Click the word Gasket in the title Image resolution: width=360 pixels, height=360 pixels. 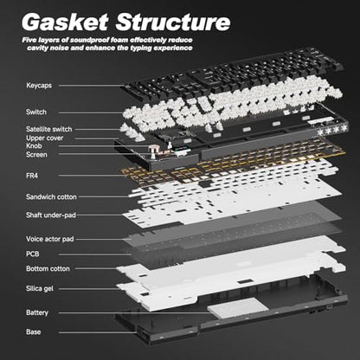[x=65, y=22]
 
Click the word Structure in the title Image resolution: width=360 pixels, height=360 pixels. [x=173, y=22]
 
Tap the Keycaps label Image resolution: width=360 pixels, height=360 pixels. [x=39, y=86]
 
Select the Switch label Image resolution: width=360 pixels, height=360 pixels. [x=36, y=112]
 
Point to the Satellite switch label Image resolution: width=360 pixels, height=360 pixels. [x=48, y=129]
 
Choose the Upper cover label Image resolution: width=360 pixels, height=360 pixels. [x=44, y=138]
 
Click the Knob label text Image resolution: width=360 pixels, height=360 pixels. [x=34, y=146]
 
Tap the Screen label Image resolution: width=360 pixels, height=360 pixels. [x=36, y=155]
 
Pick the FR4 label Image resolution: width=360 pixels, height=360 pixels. [x=32, y=176]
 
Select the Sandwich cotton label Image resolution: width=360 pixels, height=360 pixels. [x=51, y=197]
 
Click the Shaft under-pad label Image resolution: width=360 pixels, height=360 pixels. [x=51, y=215]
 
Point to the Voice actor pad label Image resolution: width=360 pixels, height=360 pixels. [x=50, y=239]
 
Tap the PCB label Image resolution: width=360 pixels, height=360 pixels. [x=32, y=254]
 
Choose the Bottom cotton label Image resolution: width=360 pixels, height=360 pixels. [x=48, y=269]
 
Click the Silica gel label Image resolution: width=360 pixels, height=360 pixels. [x=40, y=288]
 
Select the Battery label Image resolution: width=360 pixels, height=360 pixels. [x=37, y=312]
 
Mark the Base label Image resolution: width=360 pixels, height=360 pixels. [x=33, y=332]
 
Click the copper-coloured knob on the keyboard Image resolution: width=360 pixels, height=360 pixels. [x=152, y=150]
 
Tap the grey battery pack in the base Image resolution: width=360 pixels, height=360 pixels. [x=238, y=307]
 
